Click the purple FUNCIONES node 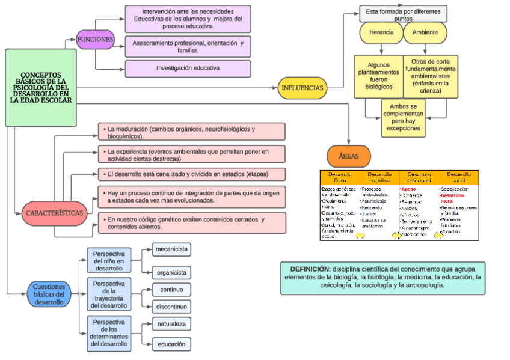[x=95, y=40]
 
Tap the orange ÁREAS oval [x=348, y=156]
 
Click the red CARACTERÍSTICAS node [x=54, y=213]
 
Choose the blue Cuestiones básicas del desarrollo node [x=49, y=294]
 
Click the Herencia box [x=381, y=32]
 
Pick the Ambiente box [x=425, y=32]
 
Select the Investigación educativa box [x=188, y=69]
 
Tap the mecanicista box [x=171, y=249]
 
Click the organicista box [x=171, y=272]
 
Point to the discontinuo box [x=171, y=307]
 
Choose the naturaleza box [x=171, y=324]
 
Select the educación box [x=171, y=344]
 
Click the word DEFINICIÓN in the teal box [x=310, y=269]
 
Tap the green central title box [x=41, y=88]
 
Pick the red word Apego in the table [x=408, y=189]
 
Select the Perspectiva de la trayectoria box [x=109, y=294]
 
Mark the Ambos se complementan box [x=403, y=117]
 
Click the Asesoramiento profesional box [x=188, y=47]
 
